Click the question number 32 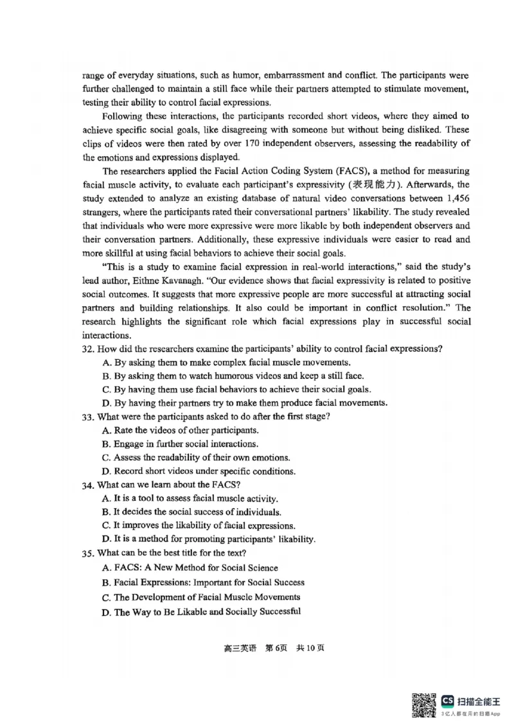click(x=89, y=349)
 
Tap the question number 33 click(x=89, y=416)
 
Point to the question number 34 click(x=89, y=484)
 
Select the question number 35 click(x=89, y=552)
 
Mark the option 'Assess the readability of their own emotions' click(x=201, y=457)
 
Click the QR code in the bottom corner click(x=425, y=705)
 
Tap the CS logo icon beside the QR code click(x=448, y=701)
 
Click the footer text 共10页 click(x=310, y=647)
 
